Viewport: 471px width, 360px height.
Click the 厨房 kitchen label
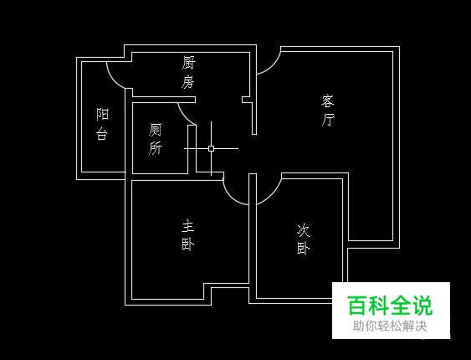pos(188,73)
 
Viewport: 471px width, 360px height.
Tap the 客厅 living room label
pos(328,111)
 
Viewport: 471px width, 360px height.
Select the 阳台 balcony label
pos(102,124)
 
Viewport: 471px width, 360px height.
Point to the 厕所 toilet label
pos(155,139)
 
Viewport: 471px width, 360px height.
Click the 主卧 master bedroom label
pos(188,235)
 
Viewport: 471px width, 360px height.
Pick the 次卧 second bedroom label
pos(304,239)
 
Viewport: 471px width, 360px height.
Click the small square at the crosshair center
pos(211,148)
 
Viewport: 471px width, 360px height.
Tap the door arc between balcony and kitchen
pos(113,79)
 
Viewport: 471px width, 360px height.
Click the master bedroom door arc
pos(231,197)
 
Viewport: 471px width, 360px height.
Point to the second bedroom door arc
pos(273,196)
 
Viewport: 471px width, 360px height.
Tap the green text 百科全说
pos(390,305)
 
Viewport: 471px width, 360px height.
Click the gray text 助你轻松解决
pos(390,326)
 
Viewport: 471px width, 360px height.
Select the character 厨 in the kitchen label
pos(188,63)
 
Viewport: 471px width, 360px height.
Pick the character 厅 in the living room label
pos(328,120)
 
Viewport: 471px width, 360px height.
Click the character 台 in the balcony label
pos(102,133)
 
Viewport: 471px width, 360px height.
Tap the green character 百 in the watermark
pos(357,305)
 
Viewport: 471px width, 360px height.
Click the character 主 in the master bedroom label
pos(188,227)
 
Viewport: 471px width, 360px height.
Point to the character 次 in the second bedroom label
pos(304,230)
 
